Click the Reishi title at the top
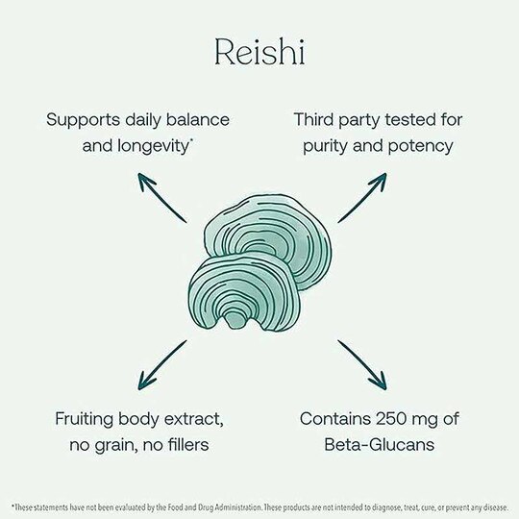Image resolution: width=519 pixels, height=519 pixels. (259, 52)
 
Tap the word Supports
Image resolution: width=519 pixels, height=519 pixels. (84, 120)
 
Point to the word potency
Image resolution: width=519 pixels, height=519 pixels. (420, 147)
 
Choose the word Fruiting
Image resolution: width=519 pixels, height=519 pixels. (85, 419)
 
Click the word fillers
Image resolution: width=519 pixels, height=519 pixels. (188, 445)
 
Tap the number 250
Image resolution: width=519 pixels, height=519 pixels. (391, 419)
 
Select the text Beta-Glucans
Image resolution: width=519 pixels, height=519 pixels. (379, 445)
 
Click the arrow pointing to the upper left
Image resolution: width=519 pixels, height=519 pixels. (162, 197)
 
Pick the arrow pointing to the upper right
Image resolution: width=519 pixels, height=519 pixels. (362, 197)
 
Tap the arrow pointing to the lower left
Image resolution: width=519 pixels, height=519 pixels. (162, 365)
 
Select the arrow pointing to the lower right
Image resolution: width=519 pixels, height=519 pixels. (362, 365)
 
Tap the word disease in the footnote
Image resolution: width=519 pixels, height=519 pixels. (495, 507)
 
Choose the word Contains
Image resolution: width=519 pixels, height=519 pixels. (335, 419)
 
